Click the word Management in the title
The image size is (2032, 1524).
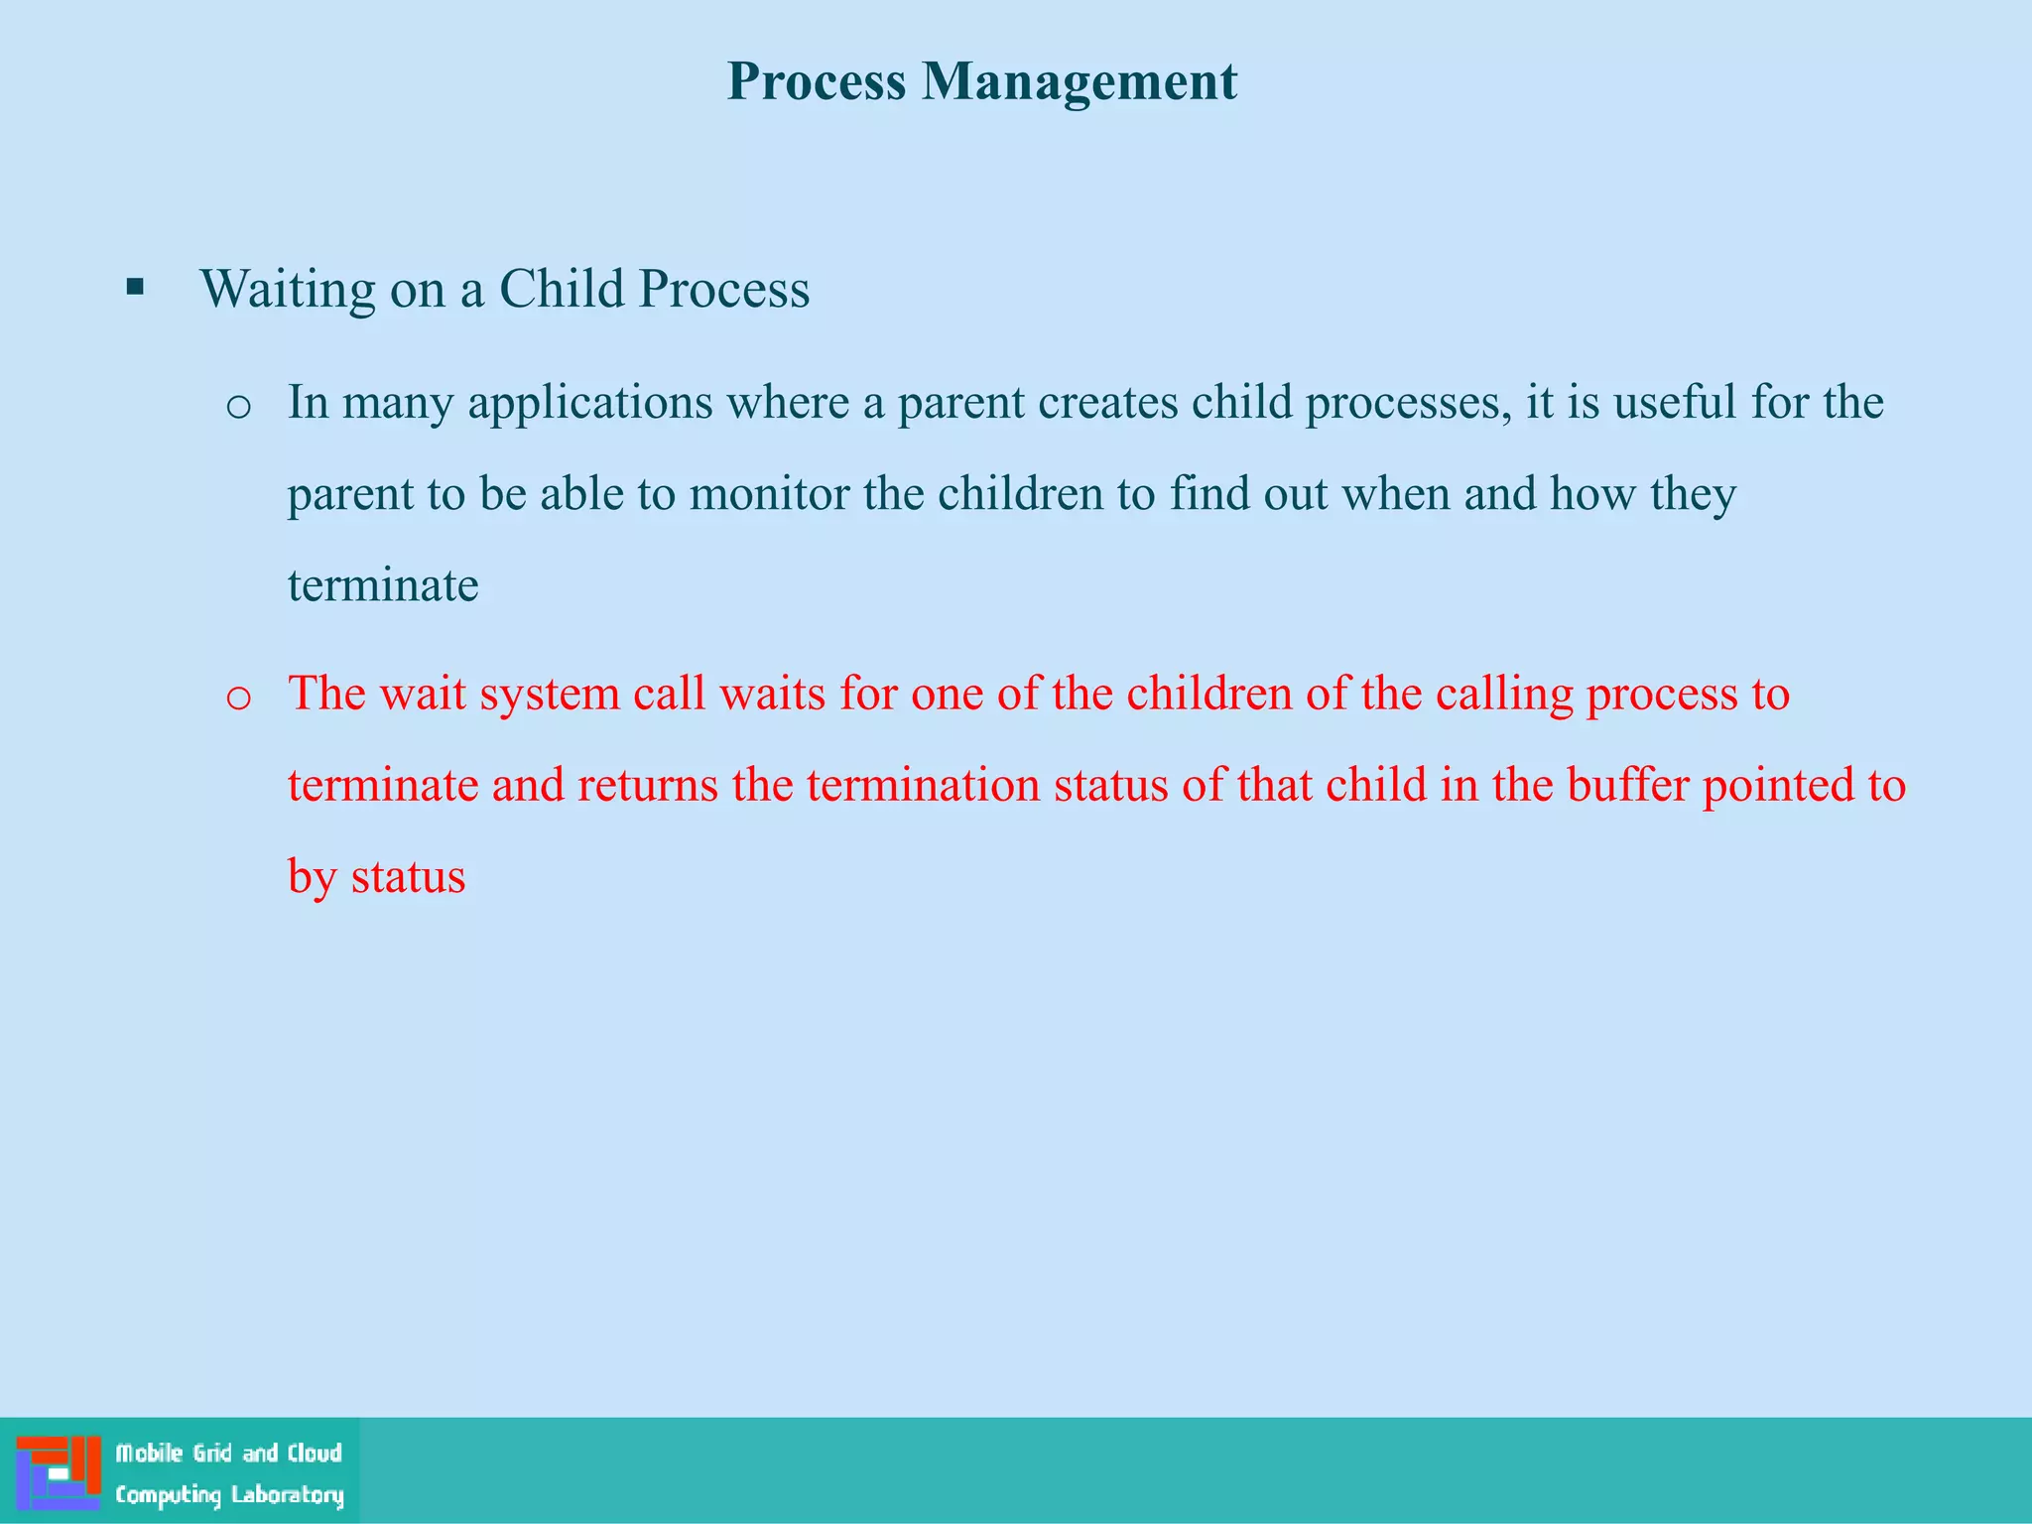tap(1079, 81)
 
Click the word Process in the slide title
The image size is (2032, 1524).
tap(816, 81)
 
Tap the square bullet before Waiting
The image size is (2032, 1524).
tap(136, 289)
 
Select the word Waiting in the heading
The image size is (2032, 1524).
tap(287, 290)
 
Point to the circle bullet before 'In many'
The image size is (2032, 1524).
tap(238, 407)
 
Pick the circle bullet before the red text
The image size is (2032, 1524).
tap(238, 698)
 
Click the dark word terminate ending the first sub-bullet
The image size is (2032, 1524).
tap(383, 585)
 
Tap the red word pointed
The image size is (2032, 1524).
tap(1777, 785)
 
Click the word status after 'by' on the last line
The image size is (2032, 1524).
tap(408, 877)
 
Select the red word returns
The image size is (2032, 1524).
tap(648, 785)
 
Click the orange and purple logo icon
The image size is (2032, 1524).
tap(59, 1471)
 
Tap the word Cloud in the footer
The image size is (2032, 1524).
tap(315, 1454)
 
